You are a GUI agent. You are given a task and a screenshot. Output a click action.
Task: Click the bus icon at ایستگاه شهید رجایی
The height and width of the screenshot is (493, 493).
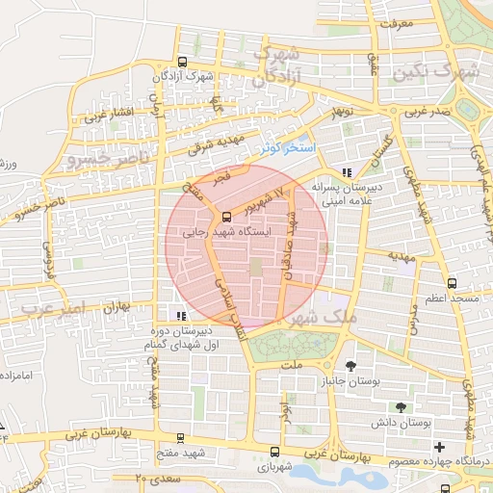tap(226, 217)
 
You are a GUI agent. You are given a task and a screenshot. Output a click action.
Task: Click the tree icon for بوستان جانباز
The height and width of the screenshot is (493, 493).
tap(350, 365)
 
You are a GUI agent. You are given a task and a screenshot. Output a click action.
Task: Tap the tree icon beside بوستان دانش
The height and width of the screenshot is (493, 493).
tap(400, 407)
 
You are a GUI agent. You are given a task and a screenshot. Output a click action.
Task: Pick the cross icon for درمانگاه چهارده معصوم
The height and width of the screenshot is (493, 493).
tap(440, 447)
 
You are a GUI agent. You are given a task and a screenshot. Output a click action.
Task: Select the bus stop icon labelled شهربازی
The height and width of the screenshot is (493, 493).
tap(274, 452)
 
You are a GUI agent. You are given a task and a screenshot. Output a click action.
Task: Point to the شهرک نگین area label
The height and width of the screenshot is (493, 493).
tap(455, 72)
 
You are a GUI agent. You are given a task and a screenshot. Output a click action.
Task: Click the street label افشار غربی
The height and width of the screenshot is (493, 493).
tap(106, 116)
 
